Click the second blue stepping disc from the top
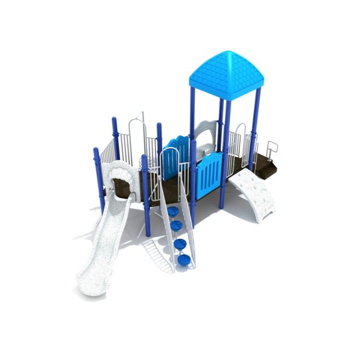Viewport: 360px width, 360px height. [176, 225]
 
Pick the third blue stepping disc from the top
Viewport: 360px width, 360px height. [179, 243]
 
